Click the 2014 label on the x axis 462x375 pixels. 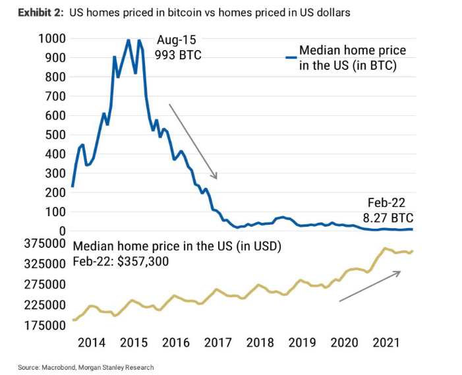click(x=91, y=343)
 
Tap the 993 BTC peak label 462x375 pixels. click(x=177, y=55)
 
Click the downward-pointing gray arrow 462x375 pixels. click(x=193, y=141)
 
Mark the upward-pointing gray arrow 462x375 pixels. click(x=370, y=286)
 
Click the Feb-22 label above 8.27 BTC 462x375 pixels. click(x=388, y=203)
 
